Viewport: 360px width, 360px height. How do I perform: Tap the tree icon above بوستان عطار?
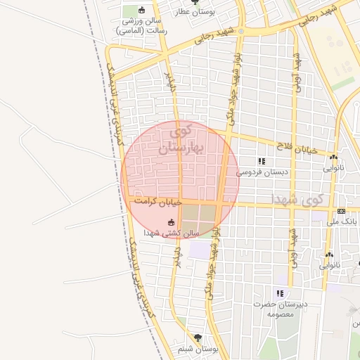195,2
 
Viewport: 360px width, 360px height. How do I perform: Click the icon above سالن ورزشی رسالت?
142,10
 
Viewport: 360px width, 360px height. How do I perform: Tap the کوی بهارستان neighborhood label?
181,139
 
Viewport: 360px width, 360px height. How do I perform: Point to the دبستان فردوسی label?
262,172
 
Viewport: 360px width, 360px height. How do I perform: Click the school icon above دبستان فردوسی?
262,161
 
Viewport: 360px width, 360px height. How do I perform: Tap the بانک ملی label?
343,221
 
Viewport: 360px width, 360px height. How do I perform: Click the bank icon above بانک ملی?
342,211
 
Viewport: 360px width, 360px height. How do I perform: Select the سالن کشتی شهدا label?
172,233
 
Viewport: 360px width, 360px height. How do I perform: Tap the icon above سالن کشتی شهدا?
170,223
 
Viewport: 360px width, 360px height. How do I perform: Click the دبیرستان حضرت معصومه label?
279,309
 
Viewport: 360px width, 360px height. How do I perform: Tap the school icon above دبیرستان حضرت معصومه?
280,293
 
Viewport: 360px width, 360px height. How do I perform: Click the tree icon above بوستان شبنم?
198,337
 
